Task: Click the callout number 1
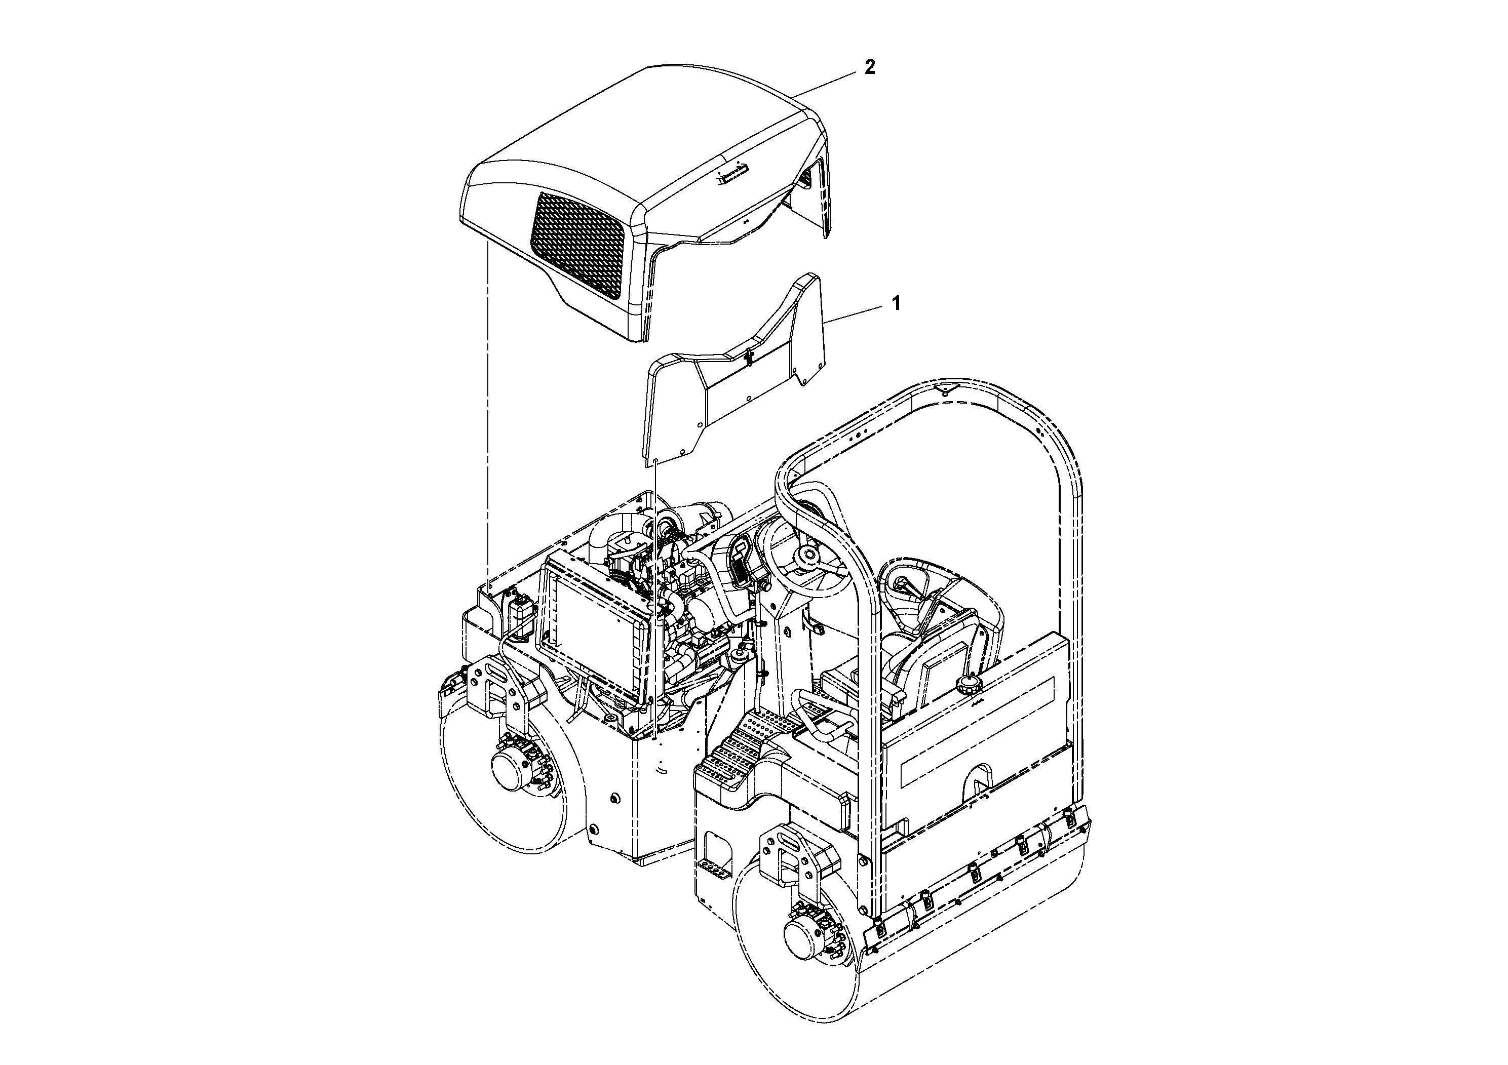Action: pyautogui.click(x=895, y=303)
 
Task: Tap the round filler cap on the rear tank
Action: pyautogui.click(x=968, y=686)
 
